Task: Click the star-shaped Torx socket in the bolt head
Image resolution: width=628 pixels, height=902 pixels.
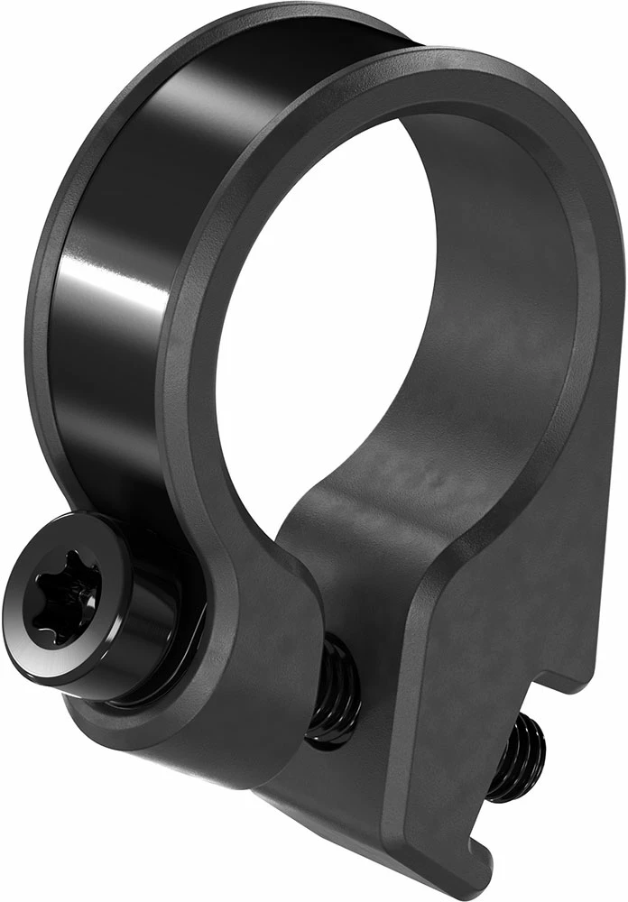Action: point(60,587)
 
